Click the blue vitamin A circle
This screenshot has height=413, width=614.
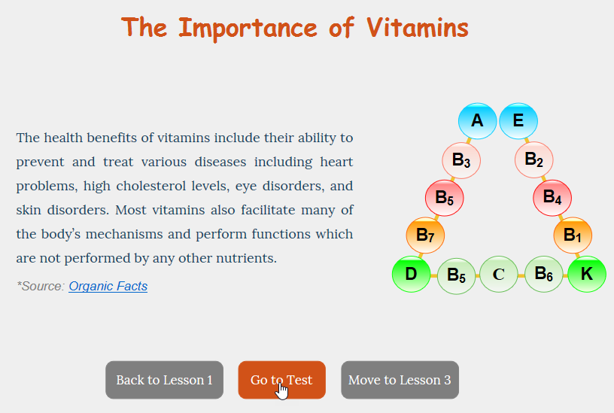(477, 121)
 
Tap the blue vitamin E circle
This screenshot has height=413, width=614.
(518, 121)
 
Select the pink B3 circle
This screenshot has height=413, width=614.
(461, 160)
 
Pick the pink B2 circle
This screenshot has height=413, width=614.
(533, 159)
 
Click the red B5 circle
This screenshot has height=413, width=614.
(445, 198)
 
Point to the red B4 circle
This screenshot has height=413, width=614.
(552, 198)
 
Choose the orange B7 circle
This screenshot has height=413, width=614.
(425, 235)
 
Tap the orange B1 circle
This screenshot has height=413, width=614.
(573, 235)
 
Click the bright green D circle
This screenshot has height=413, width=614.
(411, 274)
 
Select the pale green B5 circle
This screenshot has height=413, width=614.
(456, 275)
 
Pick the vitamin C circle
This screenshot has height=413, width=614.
(499, 274)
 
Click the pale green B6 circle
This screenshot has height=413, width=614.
(544, 274)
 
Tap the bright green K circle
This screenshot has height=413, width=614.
(587, 274)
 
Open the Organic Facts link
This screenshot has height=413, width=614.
(108, 286)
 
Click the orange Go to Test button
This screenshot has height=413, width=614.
(282, 380)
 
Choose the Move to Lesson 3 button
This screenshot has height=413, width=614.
(400, 380)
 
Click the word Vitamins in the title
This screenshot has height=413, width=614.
(418, 28)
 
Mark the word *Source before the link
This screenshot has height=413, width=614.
(41, 286)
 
